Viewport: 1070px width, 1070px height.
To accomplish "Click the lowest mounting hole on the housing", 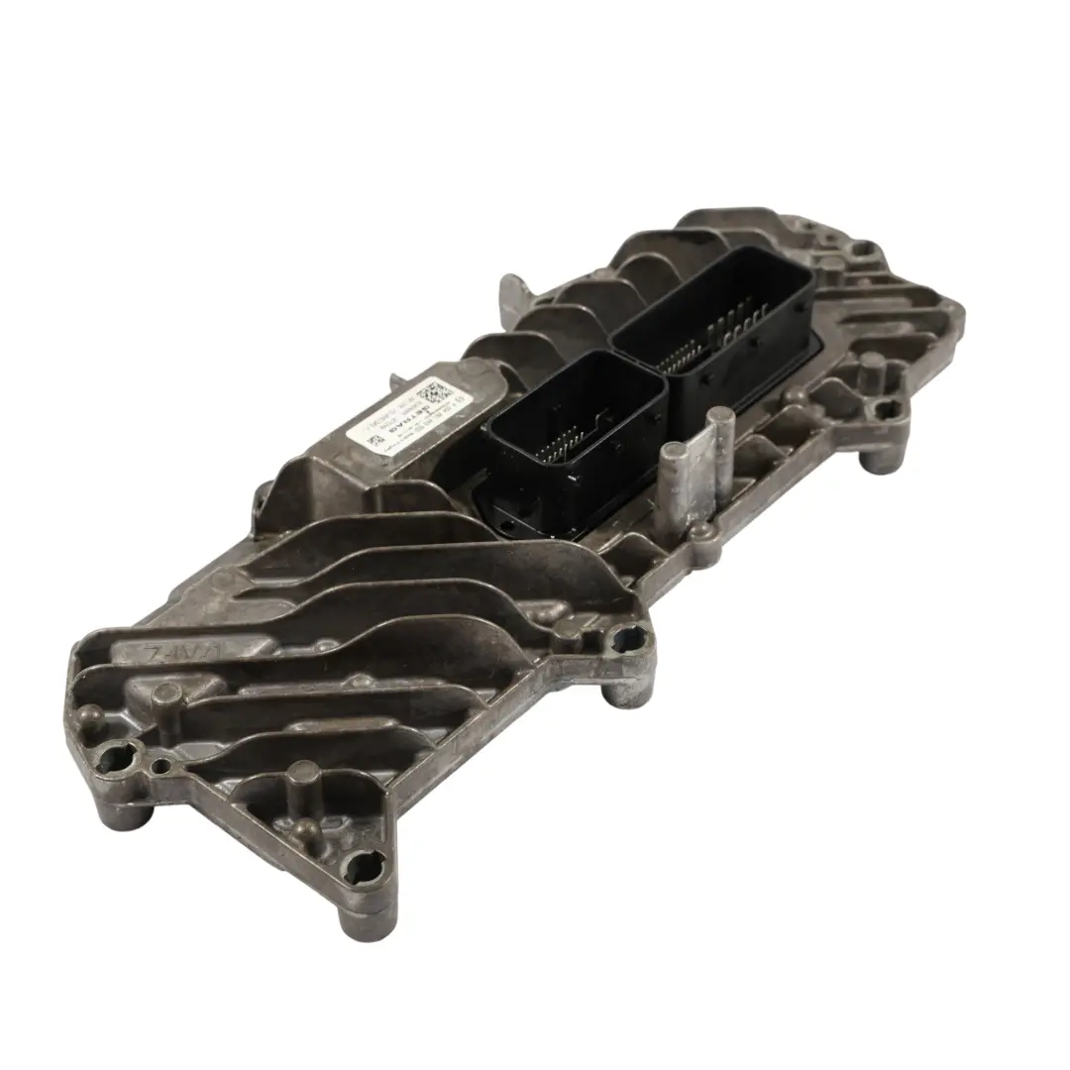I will [367, 870].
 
